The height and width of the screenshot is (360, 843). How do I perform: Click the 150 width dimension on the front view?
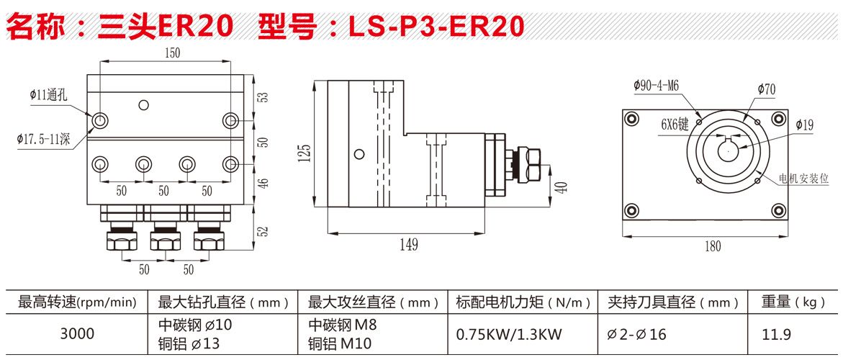(x=173, y=53)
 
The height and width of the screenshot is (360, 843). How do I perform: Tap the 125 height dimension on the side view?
(x=305, y=151)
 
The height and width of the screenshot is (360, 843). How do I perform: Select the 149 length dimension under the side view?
(x=408, y=245)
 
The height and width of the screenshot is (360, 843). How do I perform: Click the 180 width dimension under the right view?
(x=712, y=246)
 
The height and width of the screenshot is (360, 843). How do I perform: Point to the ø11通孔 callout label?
(x=48, y=94)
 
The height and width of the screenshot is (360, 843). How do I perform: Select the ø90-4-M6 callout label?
(x=657, y=85)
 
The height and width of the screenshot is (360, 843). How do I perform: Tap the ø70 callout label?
(x=766, y=89)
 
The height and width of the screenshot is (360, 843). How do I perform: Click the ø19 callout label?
(x=804, y=125)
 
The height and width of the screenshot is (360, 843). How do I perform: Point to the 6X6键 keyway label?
(x=675, y=124)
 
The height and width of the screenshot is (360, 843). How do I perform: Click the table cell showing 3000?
(x=76, y=334)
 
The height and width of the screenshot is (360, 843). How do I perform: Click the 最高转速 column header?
(x=76, y=302)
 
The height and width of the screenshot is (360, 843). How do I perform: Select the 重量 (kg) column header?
(x=793, y=302)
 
